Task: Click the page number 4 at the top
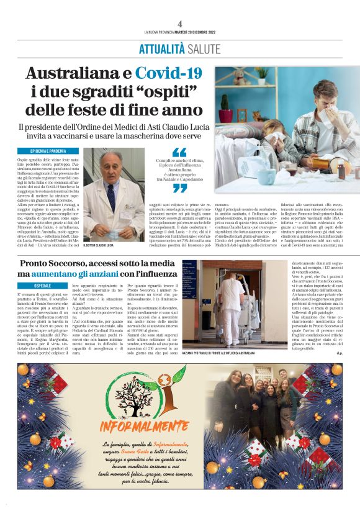click(x=179, y=24)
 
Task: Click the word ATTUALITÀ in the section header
click(x=161, y=48)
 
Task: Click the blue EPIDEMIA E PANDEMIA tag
click(x=48, y=151)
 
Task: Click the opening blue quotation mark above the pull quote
click(x=179, y=152)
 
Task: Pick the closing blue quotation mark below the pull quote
click(x=179, y=188)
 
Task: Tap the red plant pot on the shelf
click(x=225, y=117)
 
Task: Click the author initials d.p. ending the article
click(x=338, y=354)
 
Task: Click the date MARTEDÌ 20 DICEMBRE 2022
click(x=197, y=33)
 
